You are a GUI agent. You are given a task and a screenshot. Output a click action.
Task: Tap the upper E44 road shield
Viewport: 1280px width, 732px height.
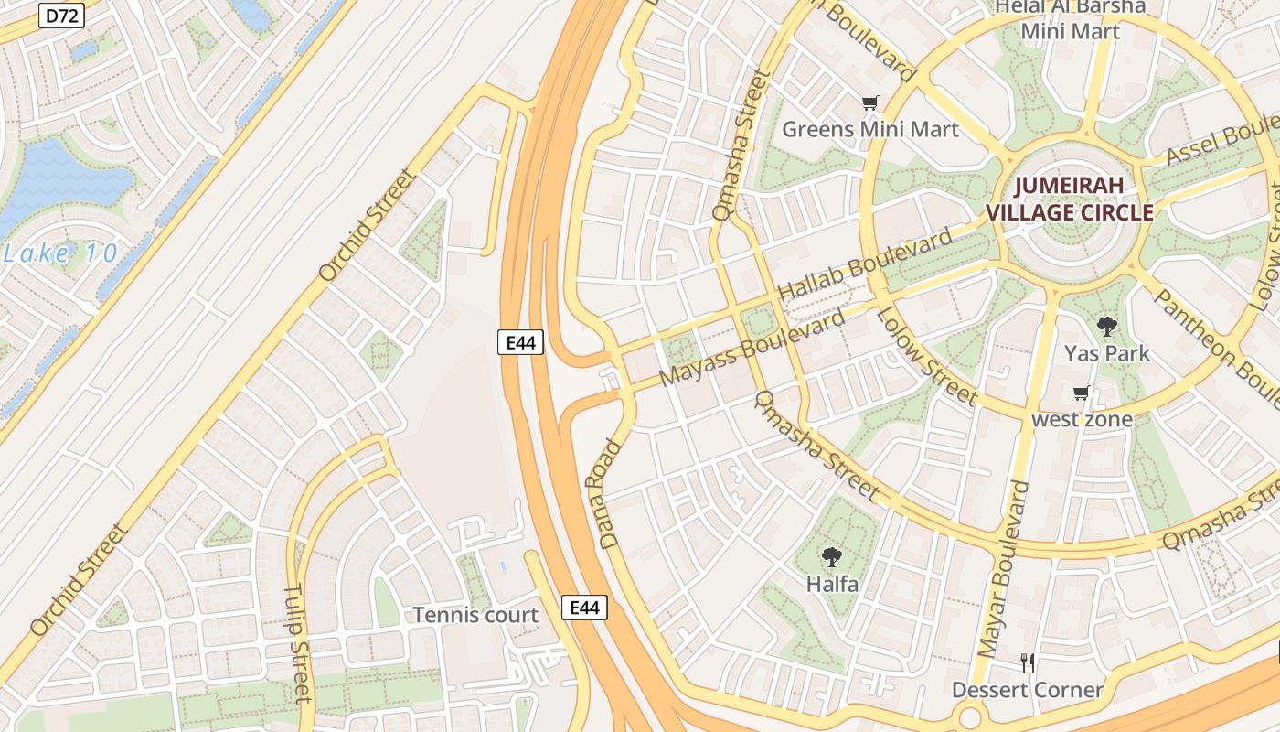pos(521,342)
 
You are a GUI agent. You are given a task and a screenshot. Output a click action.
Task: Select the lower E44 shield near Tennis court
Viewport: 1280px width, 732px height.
pos(584,608)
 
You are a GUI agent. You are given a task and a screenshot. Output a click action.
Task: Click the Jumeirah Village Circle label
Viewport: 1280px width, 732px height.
pos(1069,199)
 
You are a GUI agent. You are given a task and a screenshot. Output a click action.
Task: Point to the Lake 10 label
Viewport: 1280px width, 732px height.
pos(60,253)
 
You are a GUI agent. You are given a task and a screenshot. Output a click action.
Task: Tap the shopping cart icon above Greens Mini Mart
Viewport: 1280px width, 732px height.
pos(869,103)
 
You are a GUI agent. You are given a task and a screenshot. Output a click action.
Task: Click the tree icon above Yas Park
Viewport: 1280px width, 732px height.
pos(1106,326)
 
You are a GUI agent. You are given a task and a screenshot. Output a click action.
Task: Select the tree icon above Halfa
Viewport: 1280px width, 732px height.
pos(831,556)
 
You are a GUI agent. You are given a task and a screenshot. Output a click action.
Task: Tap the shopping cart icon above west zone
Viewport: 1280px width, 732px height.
pos(1082,393)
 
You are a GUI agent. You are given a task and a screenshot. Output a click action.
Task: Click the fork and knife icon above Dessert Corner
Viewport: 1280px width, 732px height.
pos(1028,662)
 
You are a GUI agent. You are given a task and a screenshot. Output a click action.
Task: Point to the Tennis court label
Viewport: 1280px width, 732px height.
pos(475,615)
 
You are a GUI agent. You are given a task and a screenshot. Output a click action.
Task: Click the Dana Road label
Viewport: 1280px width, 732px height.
pos(612,494)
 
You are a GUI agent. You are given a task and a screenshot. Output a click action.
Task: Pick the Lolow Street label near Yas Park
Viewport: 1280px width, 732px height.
pos(926,355)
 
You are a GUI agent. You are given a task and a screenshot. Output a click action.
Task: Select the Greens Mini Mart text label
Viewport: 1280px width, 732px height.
pos(869,129)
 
